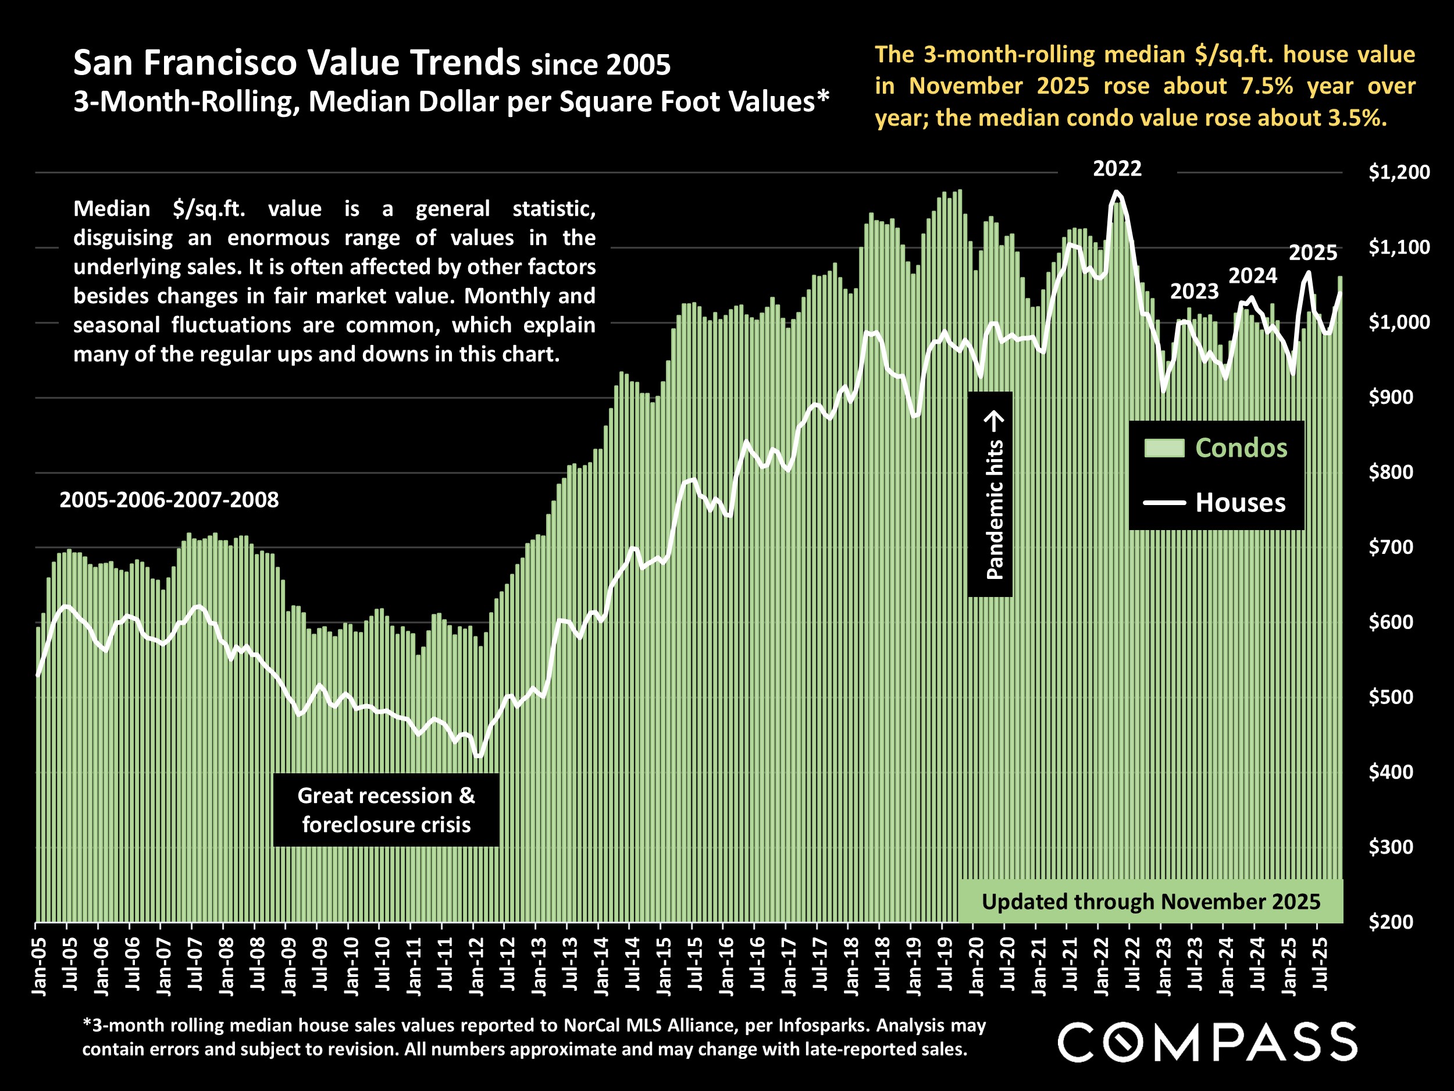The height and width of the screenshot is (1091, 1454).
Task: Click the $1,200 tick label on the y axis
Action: pos(1399,172)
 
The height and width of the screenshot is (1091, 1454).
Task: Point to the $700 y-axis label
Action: pos(1390,547)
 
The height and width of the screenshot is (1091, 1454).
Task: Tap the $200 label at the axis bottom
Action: pos(1390,922)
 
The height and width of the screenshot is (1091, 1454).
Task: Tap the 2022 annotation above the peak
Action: pos(1117,169)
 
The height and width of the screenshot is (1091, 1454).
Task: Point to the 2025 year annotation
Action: pos(1313,253)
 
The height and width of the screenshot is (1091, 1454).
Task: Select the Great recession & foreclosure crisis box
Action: pos(386,809)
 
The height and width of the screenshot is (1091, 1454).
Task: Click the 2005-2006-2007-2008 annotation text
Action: pos(169,500)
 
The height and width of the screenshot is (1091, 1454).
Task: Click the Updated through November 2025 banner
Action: pos(1150,902)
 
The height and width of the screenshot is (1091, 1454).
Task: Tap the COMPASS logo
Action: pos(1207,1042)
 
